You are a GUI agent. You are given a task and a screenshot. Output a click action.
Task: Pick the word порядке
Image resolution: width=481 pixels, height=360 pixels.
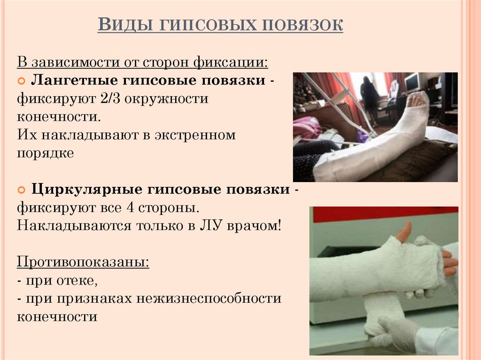pos(46,153)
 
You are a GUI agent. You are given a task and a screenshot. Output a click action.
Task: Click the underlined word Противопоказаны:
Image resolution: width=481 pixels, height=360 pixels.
pos(84,262)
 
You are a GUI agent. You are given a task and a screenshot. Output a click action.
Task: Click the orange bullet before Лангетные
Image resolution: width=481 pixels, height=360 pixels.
pos(22,81)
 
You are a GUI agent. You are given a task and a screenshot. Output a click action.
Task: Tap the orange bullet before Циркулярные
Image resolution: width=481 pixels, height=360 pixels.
pos(22,190)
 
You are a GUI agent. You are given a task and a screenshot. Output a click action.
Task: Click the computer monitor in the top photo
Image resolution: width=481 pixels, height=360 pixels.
pos(411,83)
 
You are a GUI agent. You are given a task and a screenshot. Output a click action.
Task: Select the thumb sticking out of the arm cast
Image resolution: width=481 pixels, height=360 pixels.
pos(403,231)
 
